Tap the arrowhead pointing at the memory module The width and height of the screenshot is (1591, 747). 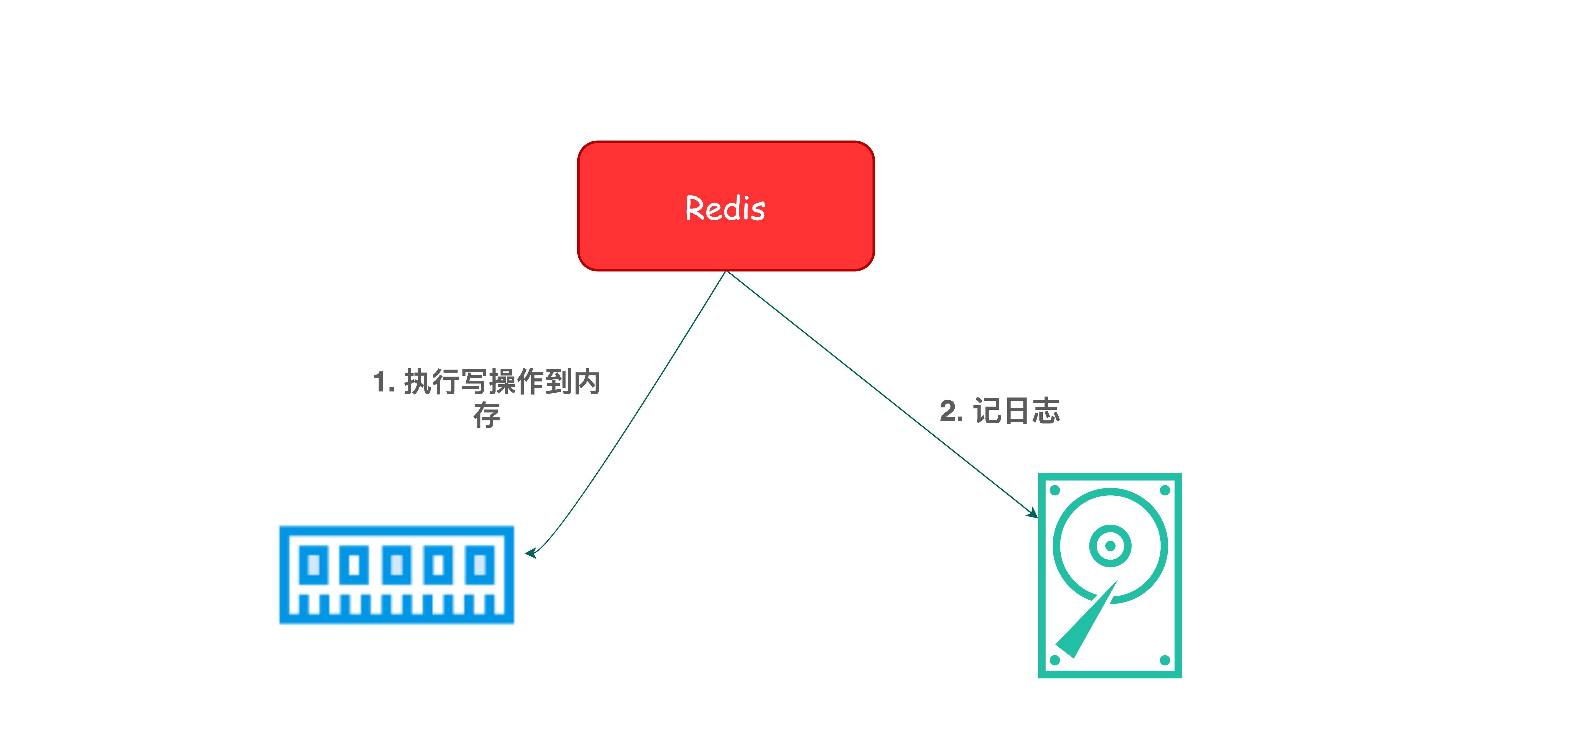click(x=530, y=553)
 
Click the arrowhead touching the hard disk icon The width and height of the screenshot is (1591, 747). click(x=1033, y=513)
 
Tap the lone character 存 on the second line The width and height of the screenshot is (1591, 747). click(x=487, y=415)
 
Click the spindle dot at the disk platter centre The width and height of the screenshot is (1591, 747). click(x=1110, y=546)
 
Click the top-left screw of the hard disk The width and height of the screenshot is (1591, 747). click(x=1055, y=490)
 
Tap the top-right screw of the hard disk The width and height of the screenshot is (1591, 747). click(x=1165, y=490)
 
